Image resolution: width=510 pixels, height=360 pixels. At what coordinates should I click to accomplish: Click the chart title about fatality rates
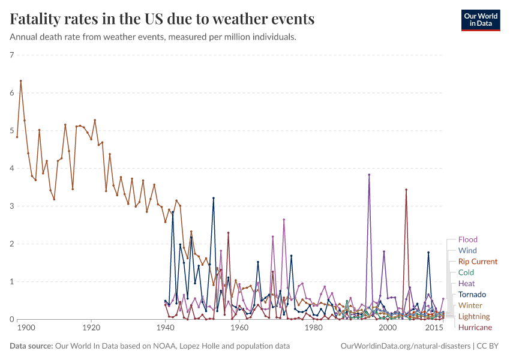[x=163, y=19]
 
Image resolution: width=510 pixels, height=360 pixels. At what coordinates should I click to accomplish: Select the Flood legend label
[x=467, y=240]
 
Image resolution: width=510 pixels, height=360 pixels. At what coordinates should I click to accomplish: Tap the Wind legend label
[x=467, y=251]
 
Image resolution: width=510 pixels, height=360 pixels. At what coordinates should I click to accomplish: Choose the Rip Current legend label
[x=478, y=262]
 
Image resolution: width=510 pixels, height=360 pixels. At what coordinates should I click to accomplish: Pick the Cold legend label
[x=466, y=272]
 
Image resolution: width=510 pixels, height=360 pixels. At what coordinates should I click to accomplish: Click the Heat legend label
[x=466, y=283]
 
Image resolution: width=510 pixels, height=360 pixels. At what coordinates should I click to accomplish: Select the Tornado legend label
[x=472, y=295]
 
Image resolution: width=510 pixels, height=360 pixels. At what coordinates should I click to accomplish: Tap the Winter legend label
[x=470, y=305]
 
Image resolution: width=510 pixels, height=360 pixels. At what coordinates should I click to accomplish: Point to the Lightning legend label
[x=473, y=316]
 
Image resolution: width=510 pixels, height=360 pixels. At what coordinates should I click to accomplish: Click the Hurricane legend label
[x=475, y=328]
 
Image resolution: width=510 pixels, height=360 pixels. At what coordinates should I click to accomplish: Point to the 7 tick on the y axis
[x=11, y=55]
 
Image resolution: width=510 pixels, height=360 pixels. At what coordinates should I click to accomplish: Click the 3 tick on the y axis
[x=11, y=206]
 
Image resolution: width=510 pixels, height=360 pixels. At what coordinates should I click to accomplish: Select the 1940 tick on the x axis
[x=165, y=328]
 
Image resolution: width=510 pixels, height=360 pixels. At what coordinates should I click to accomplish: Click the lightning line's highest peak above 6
[x=21, y=81]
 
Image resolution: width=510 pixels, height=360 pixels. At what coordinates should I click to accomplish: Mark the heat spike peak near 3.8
[x=369, y=175]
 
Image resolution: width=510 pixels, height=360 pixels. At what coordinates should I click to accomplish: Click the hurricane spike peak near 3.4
[x=406, y=190]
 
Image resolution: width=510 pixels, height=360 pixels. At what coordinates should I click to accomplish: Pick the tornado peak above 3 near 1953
[x=213, y=198]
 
